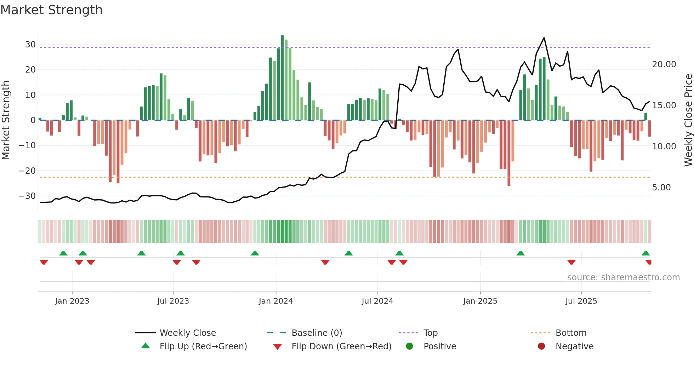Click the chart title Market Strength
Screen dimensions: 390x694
[x=51, y=10]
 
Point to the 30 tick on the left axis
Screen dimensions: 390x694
[x=30, y=45]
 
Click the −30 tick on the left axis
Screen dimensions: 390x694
[x=28, y=196]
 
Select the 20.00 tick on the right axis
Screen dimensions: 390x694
[x=664, y=64]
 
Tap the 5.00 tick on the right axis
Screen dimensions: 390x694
[x=661, y=188]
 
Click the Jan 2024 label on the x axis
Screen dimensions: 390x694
[x=276, y=301]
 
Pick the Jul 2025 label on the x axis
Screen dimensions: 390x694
[x=581, y=301]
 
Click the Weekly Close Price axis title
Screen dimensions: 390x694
[x=688, y=120]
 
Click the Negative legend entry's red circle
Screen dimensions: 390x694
[x=541, y=346]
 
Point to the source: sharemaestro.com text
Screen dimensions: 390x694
[x=623, y=277]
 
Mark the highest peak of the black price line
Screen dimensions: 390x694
[x=544, y=38]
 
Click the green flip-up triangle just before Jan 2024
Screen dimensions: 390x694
[x=255, y=253]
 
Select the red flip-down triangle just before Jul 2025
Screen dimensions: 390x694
[x=571, y=262]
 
